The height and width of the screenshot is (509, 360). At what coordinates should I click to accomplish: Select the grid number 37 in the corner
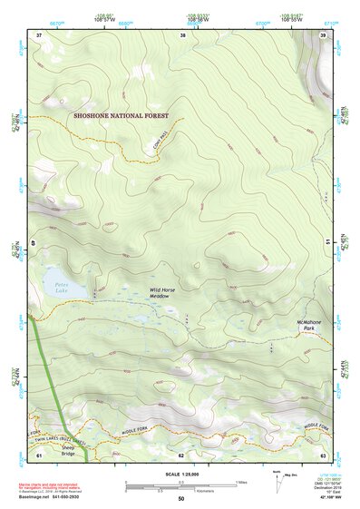point(39,34)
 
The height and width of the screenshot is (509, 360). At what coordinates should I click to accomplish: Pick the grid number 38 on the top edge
point(182,34)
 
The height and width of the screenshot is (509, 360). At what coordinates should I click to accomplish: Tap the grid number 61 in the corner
point(39,455)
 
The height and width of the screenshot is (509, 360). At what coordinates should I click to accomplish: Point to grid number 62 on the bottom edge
point(182,455)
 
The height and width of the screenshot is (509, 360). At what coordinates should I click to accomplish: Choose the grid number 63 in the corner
point(323,455)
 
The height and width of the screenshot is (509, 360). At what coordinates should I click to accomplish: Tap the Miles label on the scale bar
point(240,481)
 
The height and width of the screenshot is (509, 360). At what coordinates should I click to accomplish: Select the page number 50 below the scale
point(180,498)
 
